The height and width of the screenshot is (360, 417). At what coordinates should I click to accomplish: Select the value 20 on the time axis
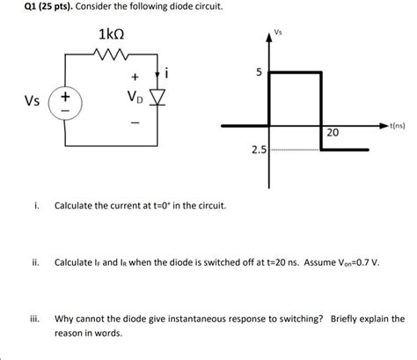point(332,133)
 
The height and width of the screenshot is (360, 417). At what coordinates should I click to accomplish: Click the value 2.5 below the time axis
point(258,151)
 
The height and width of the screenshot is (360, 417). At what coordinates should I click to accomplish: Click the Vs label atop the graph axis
point(280,30)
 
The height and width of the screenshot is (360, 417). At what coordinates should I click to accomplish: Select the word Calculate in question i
point(76,205)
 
